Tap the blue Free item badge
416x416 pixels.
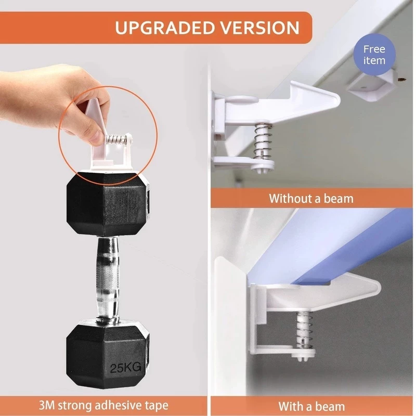[374, 55]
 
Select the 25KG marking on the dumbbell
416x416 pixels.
[125, 368]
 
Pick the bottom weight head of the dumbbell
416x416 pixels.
[108, 354]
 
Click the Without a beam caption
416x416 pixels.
[311, 199]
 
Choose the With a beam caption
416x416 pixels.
[311, 406]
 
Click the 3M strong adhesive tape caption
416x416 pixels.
[103, 406]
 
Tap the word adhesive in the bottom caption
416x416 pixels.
[119, 405]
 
